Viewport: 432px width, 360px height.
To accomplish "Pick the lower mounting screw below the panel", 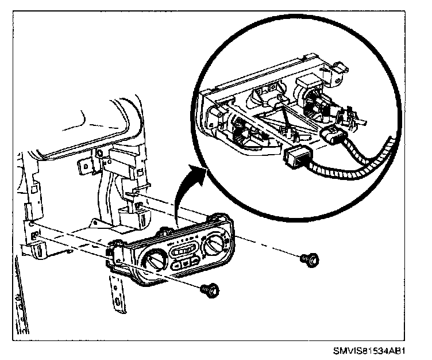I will tap(209, 289).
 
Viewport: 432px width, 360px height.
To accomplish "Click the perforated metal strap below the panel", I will tap(118, 293).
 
